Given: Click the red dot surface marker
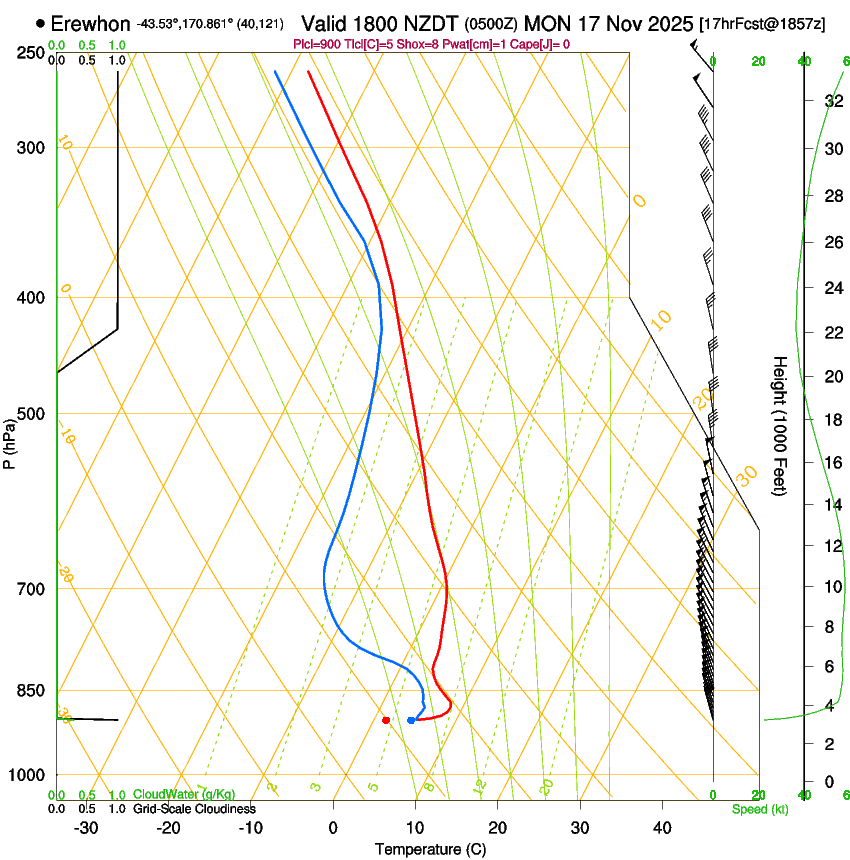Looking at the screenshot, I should pyautogui.click(x=386, y=719).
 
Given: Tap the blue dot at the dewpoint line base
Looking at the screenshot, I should pyautogui.click(x=411, y=720).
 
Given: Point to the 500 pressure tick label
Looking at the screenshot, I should pyautogui.click(x=32, y=414).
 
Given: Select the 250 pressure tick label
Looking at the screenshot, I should pyautogui.click(x=32, y=52).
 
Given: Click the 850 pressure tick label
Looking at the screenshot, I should pyautogui.click(x=32, y=690).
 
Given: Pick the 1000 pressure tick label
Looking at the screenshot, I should pyautogui.click(x=28, y=775).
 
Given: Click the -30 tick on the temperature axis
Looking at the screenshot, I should pyautogui.click(x=86, y=827).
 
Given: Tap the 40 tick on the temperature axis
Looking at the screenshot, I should pyautogui.click(x=662, y=827).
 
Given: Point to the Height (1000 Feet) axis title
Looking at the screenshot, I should pyautogui.click(x=780, y=425).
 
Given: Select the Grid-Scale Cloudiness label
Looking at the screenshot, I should pyautogui.click(x=194, y=809).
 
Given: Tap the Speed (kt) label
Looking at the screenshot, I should pyautogui.click(x=759, y=809).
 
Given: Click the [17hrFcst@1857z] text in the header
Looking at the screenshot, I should pyautogui.click(x=763, y=23).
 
